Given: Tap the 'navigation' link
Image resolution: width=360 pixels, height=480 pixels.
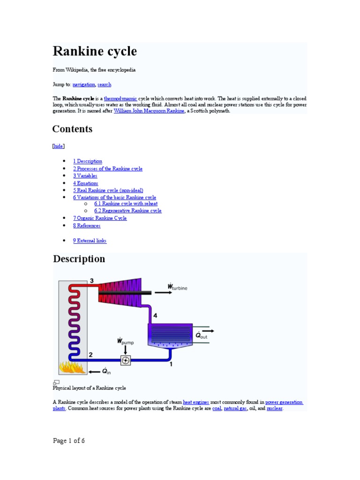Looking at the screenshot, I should (x=84, y=84).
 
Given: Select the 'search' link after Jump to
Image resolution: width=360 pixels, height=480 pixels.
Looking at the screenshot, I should (x=105, y=84).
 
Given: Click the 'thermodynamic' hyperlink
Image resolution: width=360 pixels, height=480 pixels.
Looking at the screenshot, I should (x=120, y=99).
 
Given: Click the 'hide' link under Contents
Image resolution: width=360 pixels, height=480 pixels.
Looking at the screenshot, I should (x=59, y=146).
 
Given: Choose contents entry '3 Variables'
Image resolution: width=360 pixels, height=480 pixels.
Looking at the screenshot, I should (x=85, y=176).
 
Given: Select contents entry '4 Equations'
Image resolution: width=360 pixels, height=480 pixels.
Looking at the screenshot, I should (x=85, y=183).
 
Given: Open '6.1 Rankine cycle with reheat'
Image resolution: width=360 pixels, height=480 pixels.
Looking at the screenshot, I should (x=126, y=203).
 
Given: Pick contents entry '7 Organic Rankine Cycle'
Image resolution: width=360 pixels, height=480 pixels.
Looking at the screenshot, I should (x=100, y=218).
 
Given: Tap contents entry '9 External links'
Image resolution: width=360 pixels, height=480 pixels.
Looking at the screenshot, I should (x=90, y=240).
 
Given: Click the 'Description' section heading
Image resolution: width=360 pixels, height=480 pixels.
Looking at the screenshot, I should (x=79, y=259).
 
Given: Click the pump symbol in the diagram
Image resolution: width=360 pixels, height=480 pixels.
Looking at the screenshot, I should (x=125, y=360).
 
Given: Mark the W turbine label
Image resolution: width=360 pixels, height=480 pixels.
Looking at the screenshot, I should (x=177, y=287).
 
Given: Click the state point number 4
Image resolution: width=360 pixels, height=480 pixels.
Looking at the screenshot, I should (x=155, y=315).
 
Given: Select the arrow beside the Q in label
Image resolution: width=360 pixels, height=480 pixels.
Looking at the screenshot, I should (x=95, y=371).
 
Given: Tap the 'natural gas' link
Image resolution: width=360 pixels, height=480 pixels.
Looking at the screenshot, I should (x=235, y=408).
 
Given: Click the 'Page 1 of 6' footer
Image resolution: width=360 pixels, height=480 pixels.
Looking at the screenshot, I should (x=69, y=441).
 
